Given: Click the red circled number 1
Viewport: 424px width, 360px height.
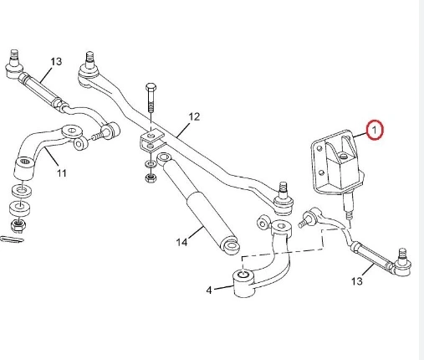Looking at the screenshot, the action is pyautogui.click(x=375, y=130).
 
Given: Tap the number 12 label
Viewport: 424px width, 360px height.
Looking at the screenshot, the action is pyautogui.click(x=194, y=116).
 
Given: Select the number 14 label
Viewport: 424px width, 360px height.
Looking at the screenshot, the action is pyautogui.click(x=181, y=242).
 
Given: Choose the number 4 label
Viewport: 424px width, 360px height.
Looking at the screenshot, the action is pyautogui.click(x=209, y=291).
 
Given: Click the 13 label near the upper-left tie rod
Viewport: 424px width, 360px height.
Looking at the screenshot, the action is pyautogui.click(x=56, y=61).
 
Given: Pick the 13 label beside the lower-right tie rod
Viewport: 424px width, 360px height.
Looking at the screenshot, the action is pyautogui.click(x=357, y=281).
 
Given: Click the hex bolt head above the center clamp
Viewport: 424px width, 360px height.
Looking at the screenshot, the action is pyautogui.click(x=151, y=87).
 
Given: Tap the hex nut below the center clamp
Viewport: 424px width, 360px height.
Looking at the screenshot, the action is pyautogui.click(x=151, y=177).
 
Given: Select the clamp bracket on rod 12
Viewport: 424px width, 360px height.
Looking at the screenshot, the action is pyautogui.click(x=151, y=141).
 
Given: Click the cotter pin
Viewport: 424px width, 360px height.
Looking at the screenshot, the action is pyautogui.click(x=12, y=239).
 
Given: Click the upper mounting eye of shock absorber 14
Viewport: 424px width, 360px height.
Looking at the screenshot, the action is pyautogui.click(x=165, y=157).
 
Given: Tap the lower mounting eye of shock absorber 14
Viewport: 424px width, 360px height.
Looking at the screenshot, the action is pyautogui.click(x=230, y=245).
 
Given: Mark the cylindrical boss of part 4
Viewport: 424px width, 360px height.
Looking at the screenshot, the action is pyautogui.click(x=244, y=283).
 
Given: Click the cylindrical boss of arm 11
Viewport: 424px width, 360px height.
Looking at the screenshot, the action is pyautogui.click(x=25, y=169).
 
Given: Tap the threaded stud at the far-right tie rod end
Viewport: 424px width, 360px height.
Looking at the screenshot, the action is pyautogui.click(x=402, y=255).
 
